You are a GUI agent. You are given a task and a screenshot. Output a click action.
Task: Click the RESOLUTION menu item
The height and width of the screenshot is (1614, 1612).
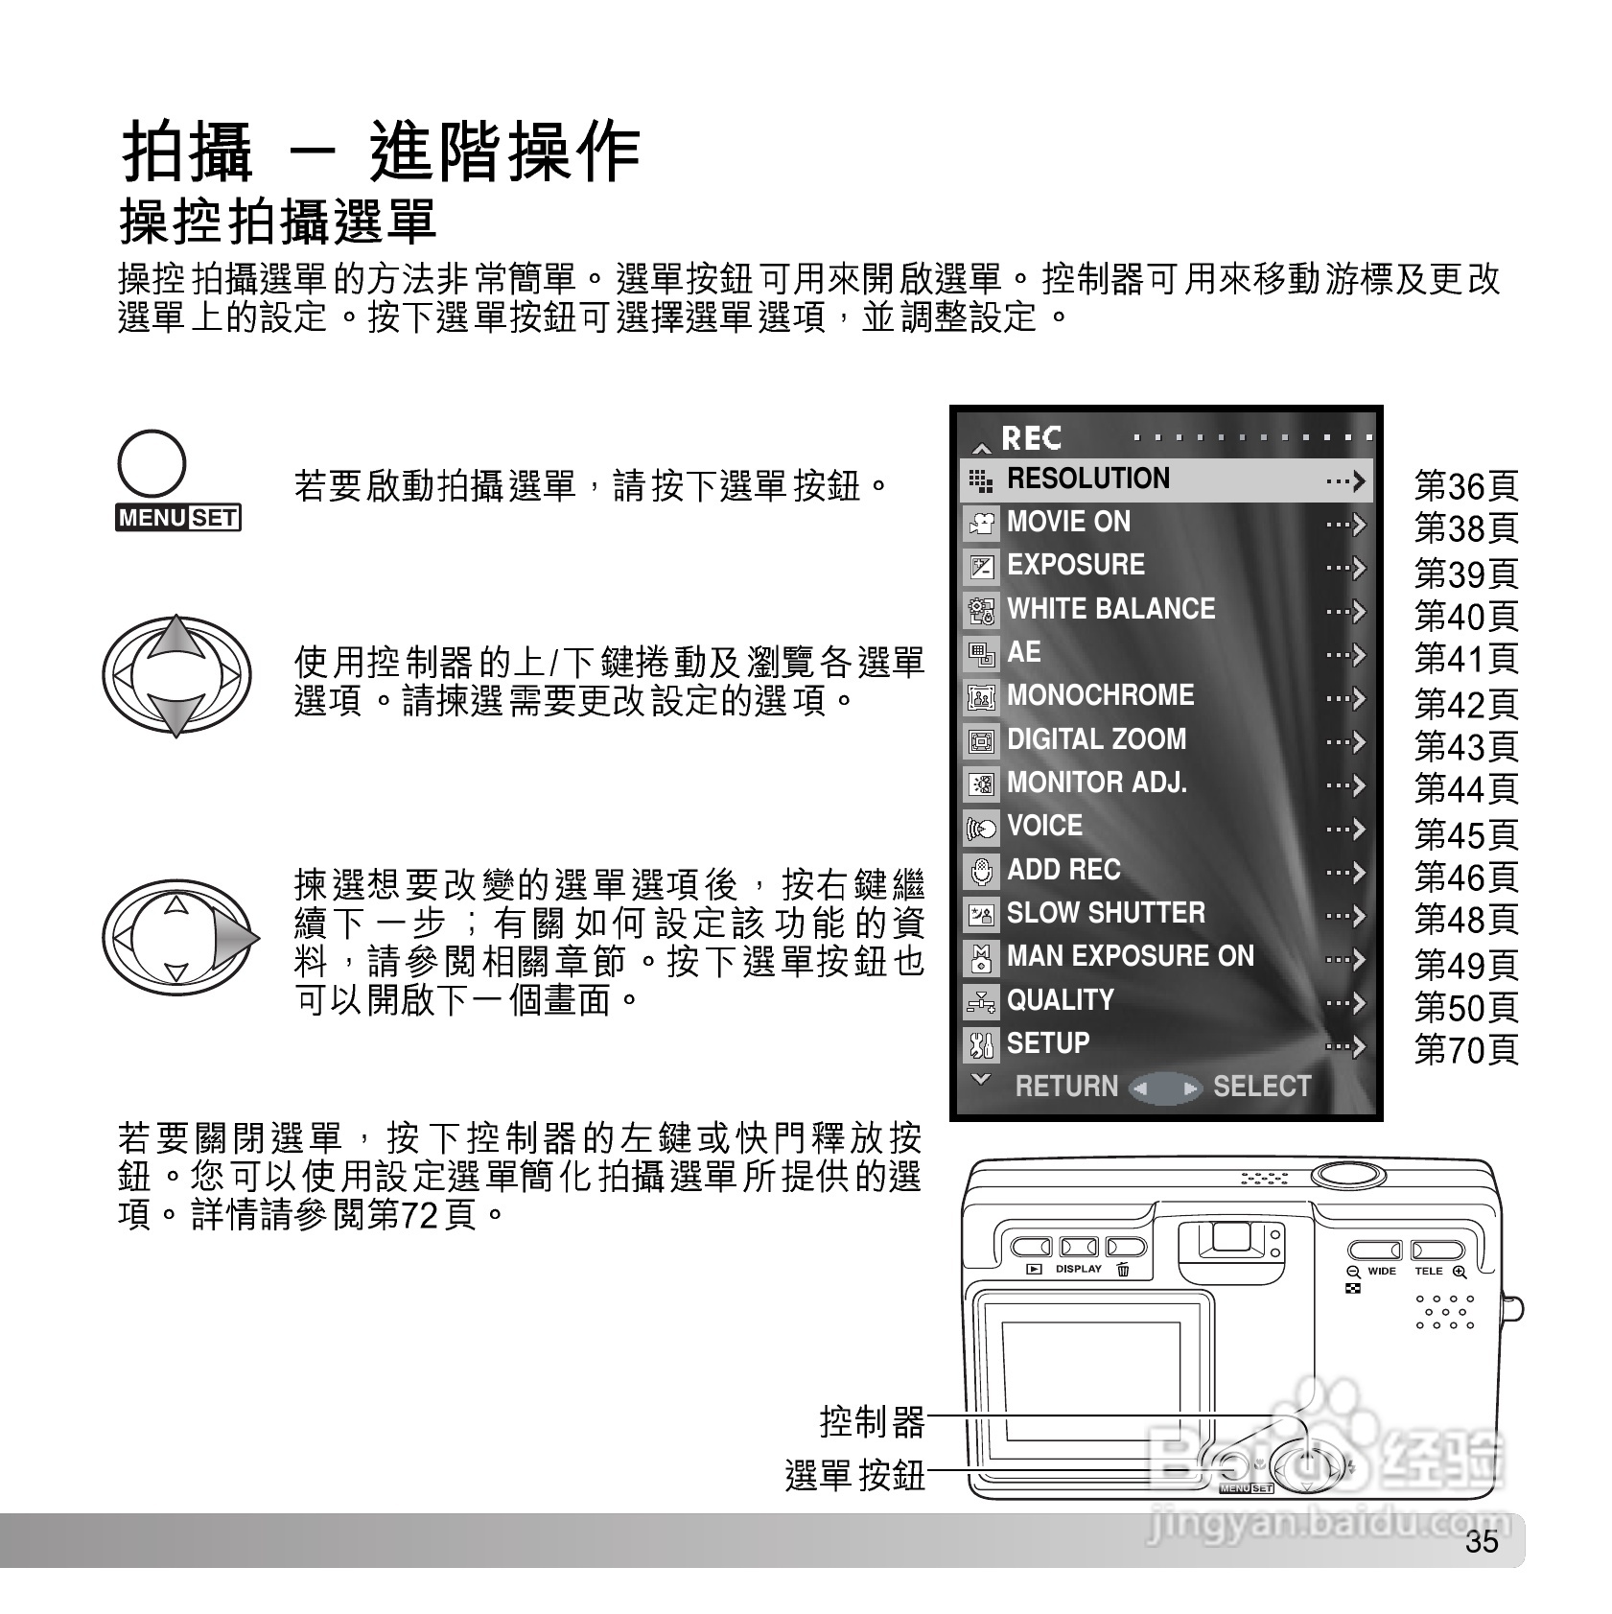[1087, 479]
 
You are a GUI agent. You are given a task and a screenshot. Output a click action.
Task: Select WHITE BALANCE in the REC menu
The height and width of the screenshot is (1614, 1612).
[1110, 609]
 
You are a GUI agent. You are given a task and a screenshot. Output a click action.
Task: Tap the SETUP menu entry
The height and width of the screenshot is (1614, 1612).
[1047, 1043]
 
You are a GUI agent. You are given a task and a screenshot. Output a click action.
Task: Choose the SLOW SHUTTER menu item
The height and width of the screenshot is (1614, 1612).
[1105, 913]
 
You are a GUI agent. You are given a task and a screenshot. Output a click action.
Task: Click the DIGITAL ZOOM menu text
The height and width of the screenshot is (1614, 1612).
[1096, 739]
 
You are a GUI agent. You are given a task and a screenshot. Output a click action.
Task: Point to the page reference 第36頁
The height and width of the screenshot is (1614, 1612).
[1466, 486]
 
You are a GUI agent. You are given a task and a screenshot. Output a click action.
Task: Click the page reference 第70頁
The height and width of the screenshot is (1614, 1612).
[1466, 1050]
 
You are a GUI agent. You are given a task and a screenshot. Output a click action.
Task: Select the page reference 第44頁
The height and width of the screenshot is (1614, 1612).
[1466, 789]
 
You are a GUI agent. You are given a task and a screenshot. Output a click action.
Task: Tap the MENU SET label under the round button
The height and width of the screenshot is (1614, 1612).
[178, 518]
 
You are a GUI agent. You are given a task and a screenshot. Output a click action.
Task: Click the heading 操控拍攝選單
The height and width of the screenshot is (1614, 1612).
[278, 222]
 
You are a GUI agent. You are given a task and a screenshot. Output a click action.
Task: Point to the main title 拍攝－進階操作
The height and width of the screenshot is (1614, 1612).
[381, 152]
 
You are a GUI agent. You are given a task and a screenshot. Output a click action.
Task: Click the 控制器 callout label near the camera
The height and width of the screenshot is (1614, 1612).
[872, 1421]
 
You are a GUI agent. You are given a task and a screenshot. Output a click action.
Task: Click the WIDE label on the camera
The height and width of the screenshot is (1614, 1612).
[1381, 1272]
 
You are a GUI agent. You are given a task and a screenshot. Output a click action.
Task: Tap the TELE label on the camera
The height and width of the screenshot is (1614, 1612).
[1428, 1272]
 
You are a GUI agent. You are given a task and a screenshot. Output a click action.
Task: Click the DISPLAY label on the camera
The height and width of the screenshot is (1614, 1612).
[1079, 1269]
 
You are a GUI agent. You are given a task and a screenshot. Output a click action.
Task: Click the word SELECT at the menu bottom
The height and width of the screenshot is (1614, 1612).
[1261, 1087]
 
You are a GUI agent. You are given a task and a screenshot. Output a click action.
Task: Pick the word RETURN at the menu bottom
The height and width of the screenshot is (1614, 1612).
[1066, 1087]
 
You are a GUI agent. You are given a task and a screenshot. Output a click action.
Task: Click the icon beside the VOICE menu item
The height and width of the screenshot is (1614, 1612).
[981, 827]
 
